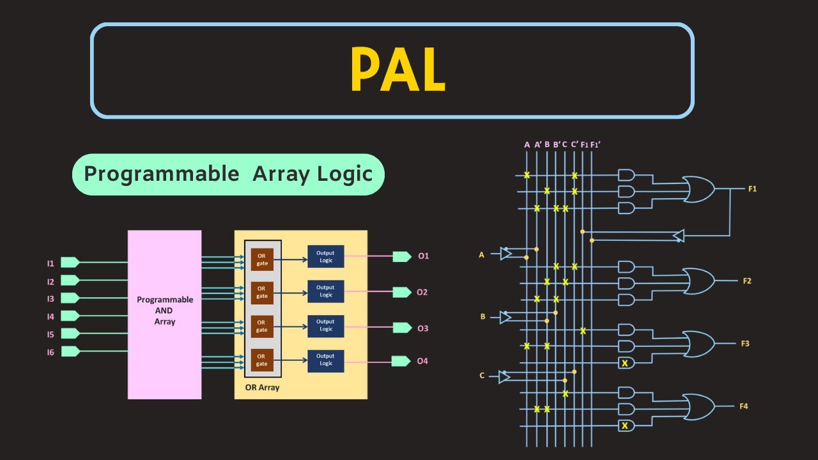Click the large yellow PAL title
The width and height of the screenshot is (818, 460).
tap(397, 71)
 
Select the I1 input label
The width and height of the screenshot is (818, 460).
tap(50, 263)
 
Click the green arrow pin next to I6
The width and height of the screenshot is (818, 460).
tap(70, 351)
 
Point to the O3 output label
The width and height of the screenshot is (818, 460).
tap(423, 328)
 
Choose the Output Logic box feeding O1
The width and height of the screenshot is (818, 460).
tap(325, 257)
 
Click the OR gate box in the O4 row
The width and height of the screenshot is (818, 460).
tap(262, 360)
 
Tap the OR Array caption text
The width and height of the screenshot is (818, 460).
tap(262, 388)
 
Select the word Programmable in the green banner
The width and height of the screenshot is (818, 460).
tap(162, 174)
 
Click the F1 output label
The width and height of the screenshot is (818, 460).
tap(752, 189)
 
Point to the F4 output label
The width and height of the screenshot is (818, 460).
tap(743, 406)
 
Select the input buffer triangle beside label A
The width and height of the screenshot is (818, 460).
tap(505, 254)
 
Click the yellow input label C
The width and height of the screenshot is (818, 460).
tap(482, 376)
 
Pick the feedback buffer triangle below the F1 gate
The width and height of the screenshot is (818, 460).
tap(678, 236)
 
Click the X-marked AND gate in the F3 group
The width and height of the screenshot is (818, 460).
tap(626, 363)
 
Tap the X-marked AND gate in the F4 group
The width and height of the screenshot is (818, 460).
tap(626, 425)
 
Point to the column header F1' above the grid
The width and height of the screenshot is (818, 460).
tap(595, 144)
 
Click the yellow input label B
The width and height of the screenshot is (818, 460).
tap(482, 316)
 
